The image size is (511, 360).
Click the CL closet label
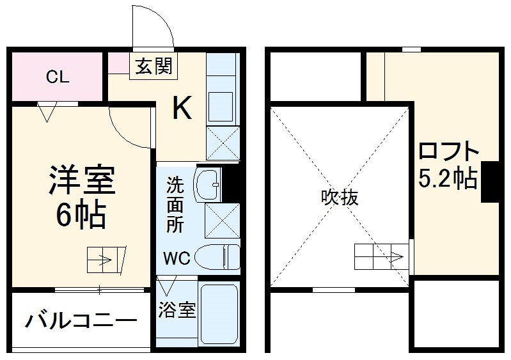click(x=57, y=78)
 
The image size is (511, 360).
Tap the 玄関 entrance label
click(x=153, y=65)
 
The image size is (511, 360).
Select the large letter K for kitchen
click(x=182, y=109)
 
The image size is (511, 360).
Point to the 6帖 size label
click(x=80, y=217)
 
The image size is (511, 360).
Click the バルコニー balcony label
click(x=81, y=320)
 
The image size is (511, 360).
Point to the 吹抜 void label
click(x=339, y=198)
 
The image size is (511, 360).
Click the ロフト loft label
click(x=448, y=152)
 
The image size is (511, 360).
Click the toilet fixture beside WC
click(x=215, y=258)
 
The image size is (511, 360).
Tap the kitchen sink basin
click(x=222, y=104)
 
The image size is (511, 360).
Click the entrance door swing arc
click(x=153, y=29)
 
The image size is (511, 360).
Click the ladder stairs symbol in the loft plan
click(x=379, y=257)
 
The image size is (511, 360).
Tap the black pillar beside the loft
click(x=490, y=182)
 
